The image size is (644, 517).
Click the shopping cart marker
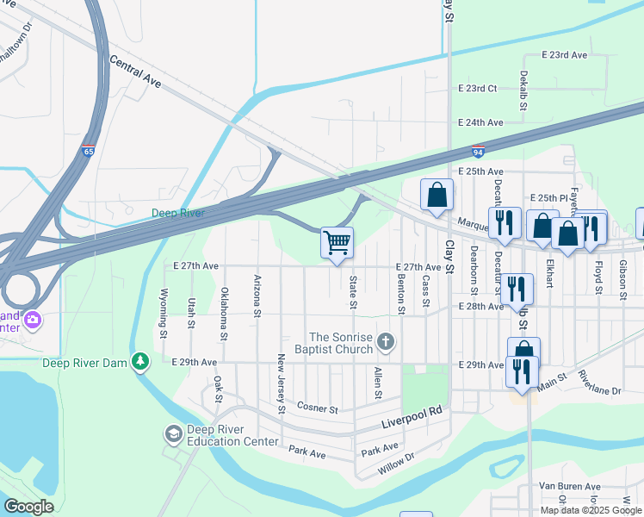tap(337, 241)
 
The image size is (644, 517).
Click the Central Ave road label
tap(135, 72)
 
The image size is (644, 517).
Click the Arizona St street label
tap(257, 296)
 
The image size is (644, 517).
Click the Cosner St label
tap(317, 406)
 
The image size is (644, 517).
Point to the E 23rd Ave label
tap(565, 55)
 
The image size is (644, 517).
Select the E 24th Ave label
tap(480, 122)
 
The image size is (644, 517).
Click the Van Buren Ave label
tap(568, 485)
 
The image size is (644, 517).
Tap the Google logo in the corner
tap(28, 506)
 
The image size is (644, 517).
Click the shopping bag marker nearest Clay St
tap(437, 195)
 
